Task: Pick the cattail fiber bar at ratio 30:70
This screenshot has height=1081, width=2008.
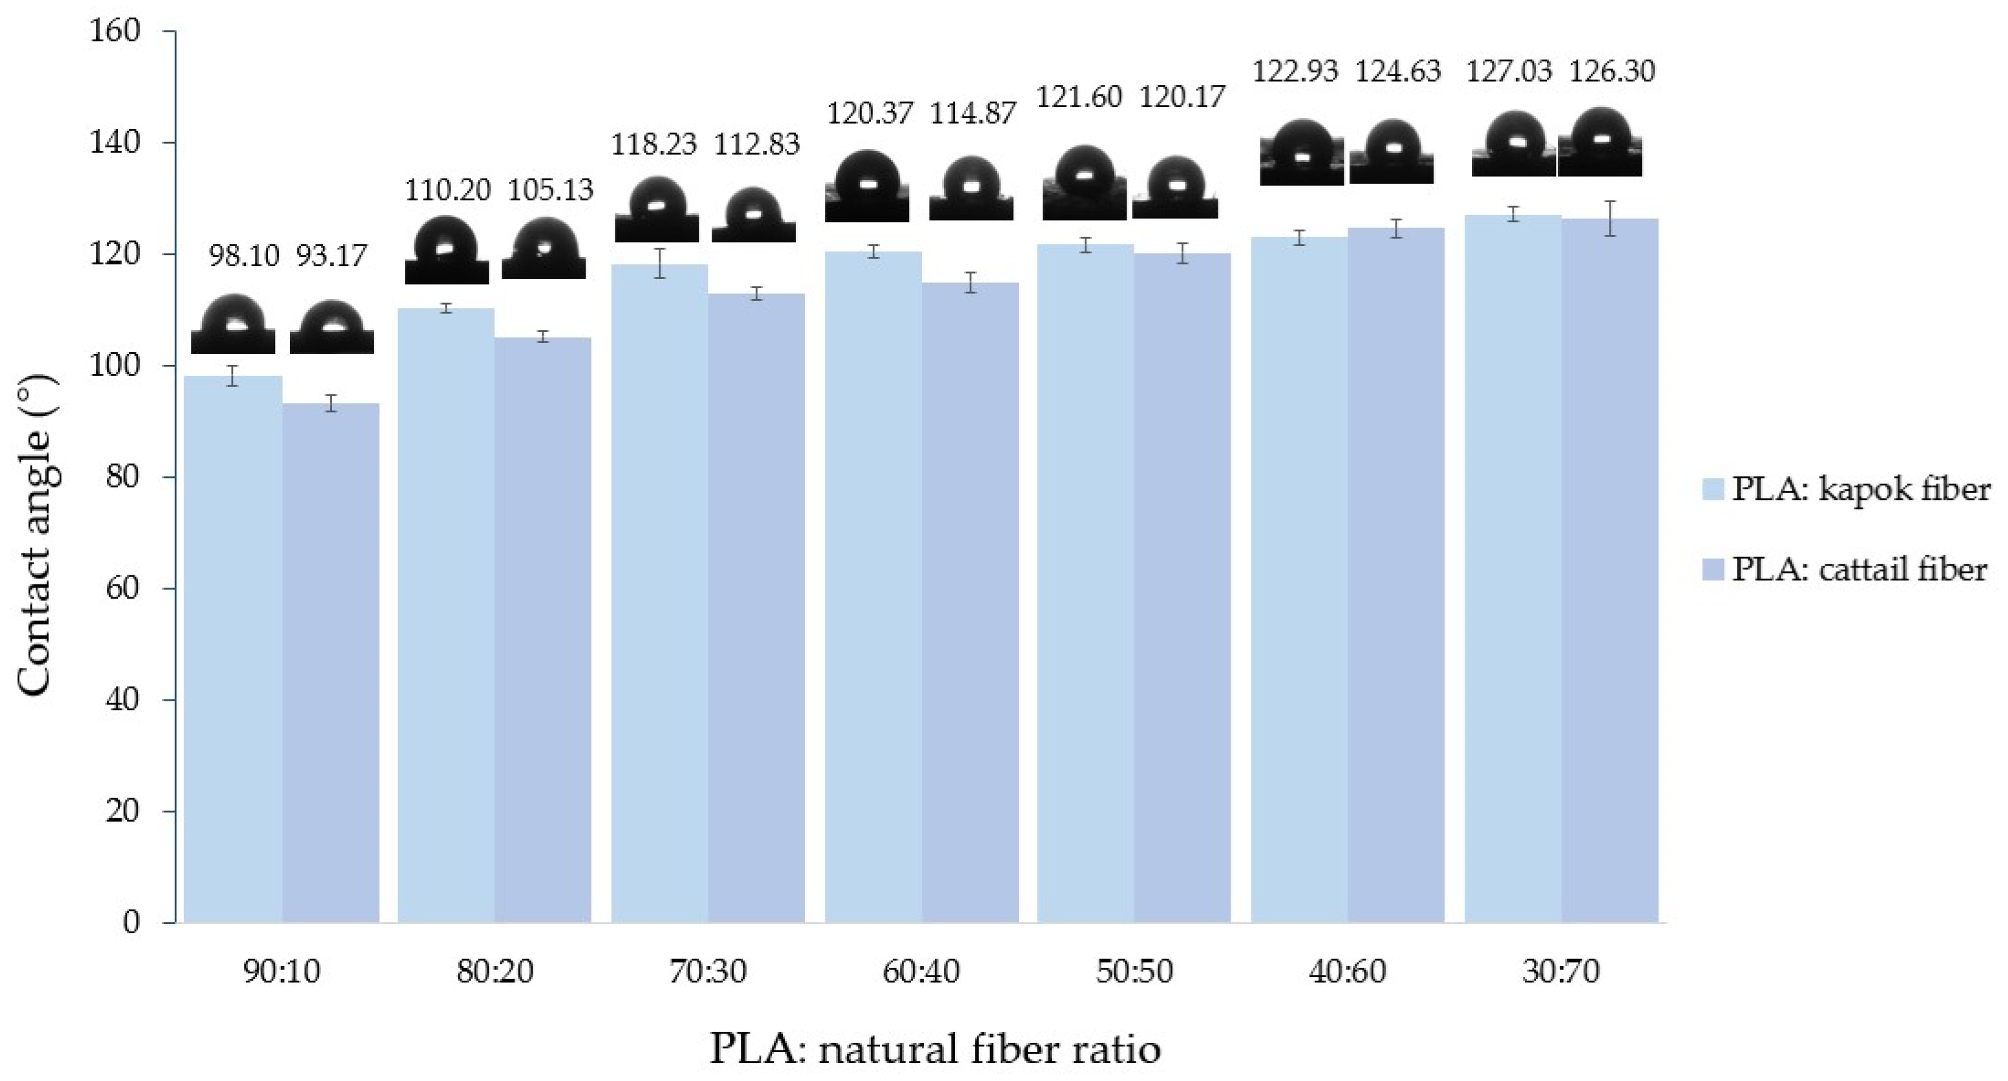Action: pyautogui.click(x=1610, y=570)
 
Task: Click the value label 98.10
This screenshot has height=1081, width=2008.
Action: pyautogui.click(x=243, y=256)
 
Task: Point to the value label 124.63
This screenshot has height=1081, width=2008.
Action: pyautogui.click(x=1398, y=72)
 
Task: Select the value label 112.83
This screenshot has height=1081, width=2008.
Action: pyautogui.click(x=757, y=144)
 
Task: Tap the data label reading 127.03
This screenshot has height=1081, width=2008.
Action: pyautogui.click(x=1509, y=72)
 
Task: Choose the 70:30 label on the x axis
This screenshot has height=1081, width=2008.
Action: pyautogui.click(x=708, y=972)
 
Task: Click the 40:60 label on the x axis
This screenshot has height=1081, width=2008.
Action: pyautogui.click(x=1347, y=972)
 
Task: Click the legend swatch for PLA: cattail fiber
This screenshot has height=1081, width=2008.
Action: pyautogui.click(x=1712, y=570)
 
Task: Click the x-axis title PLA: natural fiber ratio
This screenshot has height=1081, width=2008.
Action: pyautogui.click(x=935, y=1048)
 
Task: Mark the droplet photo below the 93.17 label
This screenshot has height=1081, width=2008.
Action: pyautogui.click(x=331, y=327)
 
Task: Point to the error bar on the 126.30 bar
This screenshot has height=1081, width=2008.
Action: pyautogui.click(x=1610, y=218)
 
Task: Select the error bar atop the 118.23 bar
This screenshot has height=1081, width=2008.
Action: pyautogui.click(x=659, y=263)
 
